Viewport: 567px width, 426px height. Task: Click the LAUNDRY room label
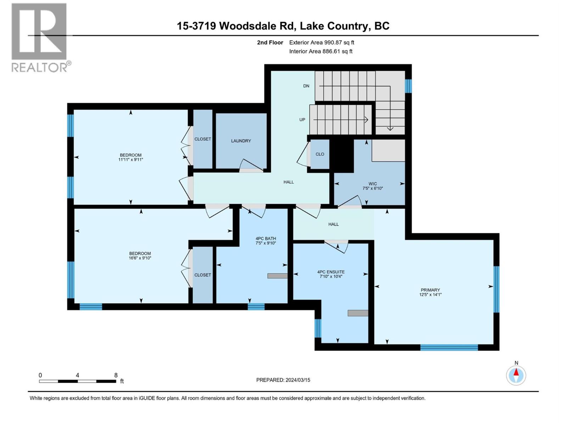click(x=241, y=141)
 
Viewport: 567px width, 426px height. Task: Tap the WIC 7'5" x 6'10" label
click(x=372, y=186)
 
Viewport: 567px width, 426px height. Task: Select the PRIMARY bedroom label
click(x=430, y=292)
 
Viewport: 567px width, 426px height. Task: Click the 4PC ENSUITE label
click(x=331, y=274)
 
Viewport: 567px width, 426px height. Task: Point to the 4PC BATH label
click(x=265, y=241)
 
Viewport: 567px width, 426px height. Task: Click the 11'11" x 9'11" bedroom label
click(x=130, y=157)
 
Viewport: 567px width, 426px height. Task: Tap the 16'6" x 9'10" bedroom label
click(x=140, y=256)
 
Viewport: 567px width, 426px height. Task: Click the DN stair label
click(x=306, y=86)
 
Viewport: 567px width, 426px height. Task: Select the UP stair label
click(x=302, y=120)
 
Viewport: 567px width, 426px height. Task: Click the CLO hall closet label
click(x=320, y=154)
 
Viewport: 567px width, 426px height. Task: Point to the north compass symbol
click(x=516, y=375)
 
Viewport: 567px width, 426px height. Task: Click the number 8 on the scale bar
click(x=116, y=375)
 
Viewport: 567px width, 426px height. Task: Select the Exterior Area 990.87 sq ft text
click(x=321, y=42)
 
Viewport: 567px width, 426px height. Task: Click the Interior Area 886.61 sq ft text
click(x=321, y=51)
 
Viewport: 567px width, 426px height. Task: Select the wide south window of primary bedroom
click(x=449, y=347)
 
